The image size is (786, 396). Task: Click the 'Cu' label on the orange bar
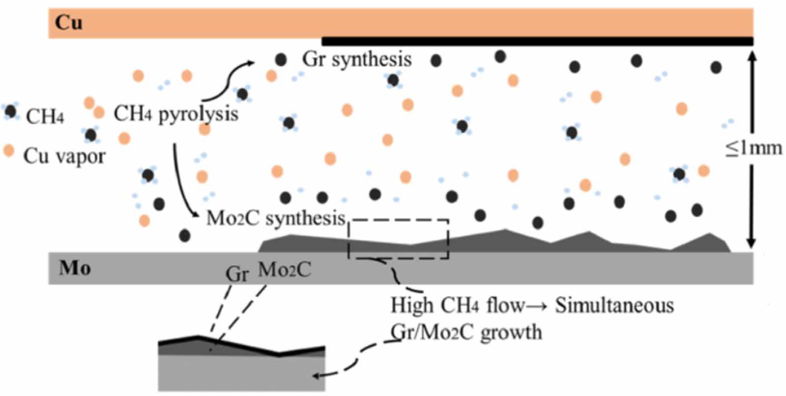point(68,23)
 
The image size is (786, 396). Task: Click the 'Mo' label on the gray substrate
point(75,268)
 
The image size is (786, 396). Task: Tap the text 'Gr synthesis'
point(357,59)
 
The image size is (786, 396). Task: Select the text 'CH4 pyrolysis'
point(176,114)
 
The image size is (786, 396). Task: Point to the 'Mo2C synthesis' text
point(276,218)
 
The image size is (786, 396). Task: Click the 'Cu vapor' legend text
point(64,156)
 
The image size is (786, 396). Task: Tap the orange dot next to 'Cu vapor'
point(8,150)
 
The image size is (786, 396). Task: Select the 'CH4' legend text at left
point(45,117)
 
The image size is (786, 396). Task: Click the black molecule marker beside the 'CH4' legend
point(10,112)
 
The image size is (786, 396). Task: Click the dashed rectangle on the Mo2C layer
point(398,239)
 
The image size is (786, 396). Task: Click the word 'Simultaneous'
point(614,306)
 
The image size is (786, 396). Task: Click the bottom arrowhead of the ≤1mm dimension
point(751,243)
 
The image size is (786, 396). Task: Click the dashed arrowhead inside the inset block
point(317,376)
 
